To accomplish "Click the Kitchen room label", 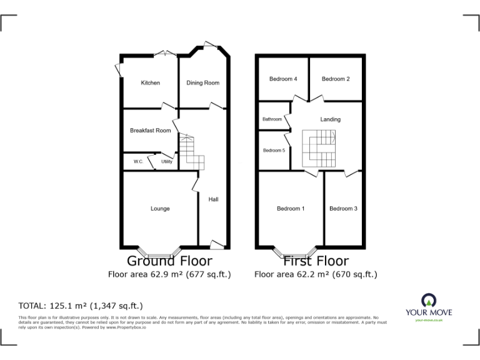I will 150,83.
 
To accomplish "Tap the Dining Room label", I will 203,83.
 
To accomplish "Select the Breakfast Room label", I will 150,131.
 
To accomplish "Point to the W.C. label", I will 138,162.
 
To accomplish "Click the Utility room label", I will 166,162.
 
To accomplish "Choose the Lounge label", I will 160,209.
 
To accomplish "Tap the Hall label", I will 213,199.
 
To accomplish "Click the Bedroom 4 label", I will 283,79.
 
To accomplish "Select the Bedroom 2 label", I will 336,79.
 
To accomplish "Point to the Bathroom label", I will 272,119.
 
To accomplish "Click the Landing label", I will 331,119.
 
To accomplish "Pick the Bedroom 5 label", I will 274,151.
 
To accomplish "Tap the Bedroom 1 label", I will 291,209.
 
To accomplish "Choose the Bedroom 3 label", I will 343,209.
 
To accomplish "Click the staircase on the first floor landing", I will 319,148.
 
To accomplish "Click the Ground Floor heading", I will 169,261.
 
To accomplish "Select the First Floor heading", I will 316,261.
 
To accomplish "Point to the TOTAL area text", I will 81,306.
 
